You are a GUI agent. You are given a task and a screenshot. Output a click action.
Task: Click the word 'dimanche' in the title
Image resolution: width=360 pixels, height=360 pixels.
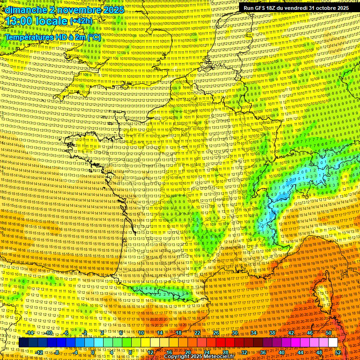(24, 10)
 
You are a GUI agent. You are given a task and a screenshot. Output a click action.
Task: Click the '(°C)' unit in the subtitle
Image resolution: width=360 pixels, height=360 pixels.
(94, 37)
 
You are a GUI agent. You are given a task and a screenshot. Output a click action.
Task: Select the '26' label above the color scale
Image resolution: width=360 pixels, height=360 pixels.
(216, 333)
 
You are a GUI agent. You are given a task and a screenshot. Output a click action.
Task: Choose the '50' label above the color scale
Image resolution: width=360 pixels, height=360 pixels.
(328, 333)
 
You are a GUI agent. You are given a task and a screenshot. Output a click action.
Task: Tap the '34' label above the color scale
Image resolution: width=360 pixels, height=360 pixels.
(254, 333)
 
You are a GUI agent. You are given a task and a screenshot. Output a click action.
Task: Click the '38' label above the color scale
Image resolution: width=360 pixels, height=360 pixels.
(272, 333)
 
